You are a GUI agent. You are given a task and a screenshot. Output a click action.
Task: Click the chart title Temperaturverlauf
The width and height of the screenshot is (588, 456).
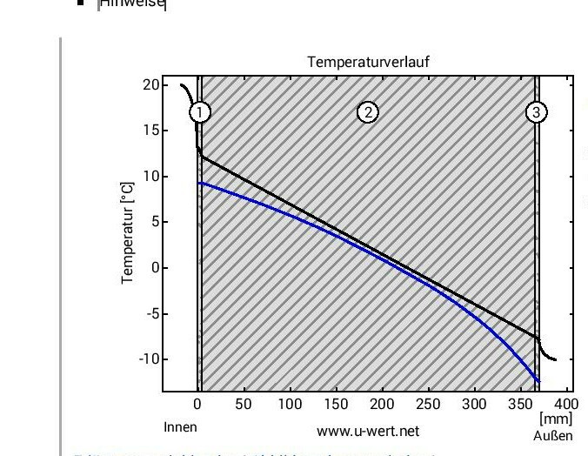tap(368, 62)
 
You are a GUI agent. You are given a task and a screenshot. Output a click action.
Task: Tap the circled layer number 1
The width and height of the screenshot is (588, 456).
tap(200, 112)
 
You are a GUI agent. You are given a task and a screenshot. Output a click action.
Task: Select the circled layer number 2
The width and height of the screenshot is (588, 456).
tap(368, 112)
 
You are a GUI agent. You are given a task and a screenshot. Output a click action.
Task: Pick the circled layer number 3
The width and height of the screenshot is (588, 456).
tap(537, 112)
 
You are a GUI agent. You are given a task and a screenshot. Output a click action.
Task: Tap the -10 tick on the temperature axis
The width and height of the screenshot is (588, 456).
tap(148, 359)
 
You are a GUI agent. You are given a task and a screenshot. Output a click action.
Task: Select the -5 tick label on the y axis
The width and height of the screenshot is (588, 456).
tap(150, 313)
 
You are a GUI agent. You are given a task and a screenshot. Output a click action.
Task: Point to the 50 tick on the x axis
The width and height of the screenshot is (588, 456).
tap(244, 405)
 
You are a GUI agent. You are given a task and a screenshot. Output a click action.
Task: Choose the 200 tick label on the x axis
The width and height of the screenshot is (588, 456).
tap(382, 405)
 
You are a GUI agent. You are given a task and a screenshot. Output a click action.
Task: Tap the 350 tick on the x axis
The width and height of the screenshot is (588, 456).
tap(520, 405)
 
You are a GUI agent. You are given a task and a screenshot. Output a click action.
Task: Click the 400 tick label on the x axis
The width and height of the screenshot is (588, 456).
tap(565, 405)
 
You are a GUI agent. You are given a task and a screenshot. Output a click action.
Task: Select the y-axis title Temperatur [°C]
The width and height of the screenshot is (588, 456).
tap(128, 232)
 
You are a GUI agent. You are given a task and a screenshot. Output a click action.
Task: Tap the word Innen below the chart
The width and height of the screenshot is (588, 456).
tap(180, 427)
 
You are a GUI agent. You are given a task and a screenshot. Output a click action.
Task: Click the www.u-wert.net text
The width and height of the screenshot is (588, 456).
tap(368, 431)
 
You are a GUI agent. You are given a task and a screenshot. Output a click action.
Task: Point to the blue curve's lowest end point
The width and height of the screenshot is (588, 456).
tap(539, 381)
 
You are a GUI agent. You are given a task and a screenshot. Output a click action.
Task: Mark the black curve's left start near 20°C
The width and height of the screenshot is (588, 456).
tap(182, 85)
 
